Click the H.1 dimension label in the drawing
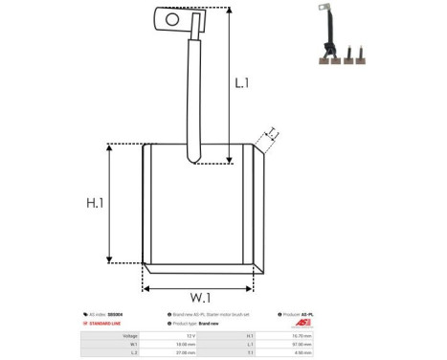click(x=95, y=203)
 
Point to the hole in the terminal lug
click(x=172, y=17)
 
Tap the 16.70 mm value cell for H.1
click(x=331, y=335)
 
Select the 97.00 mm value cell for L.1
click(x=331, y=344)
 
